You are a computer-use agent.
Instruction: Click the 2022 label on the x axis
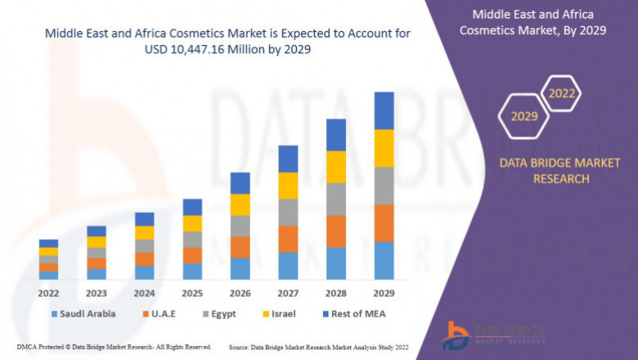click(48, 293)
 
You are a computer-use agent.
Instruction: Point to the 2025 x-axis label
click(192, 293)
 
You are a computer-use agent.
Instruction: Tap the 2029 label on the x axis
click(384, 293)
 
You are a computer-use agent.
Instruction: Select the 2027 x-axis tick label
click(288, 293)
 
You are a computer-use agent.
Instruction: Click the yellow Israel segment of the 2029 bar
click(384, 148)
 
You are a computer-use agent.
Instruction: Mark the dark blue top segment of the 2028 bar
click(336, 135)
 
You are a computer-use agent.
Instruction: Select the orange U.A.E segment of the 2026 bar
click(240, 247)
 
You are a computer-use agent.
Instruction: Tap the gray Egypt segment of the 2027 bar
click(288, 212)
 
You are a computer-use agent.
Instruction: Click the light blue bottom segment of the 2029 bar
click(384, 260)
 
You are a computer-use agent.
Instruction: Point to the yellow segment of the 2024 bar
click(144, 232)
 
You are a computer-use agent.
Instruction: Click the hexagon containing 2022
click(562, 94)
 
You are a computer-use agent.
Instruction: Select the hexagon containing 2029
click(524, 117)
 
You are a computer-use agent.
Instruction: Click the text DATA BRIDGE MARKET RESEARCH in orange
click(544, 171)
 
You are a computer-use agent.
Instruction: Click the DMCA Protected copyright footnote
click(114, 347)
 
